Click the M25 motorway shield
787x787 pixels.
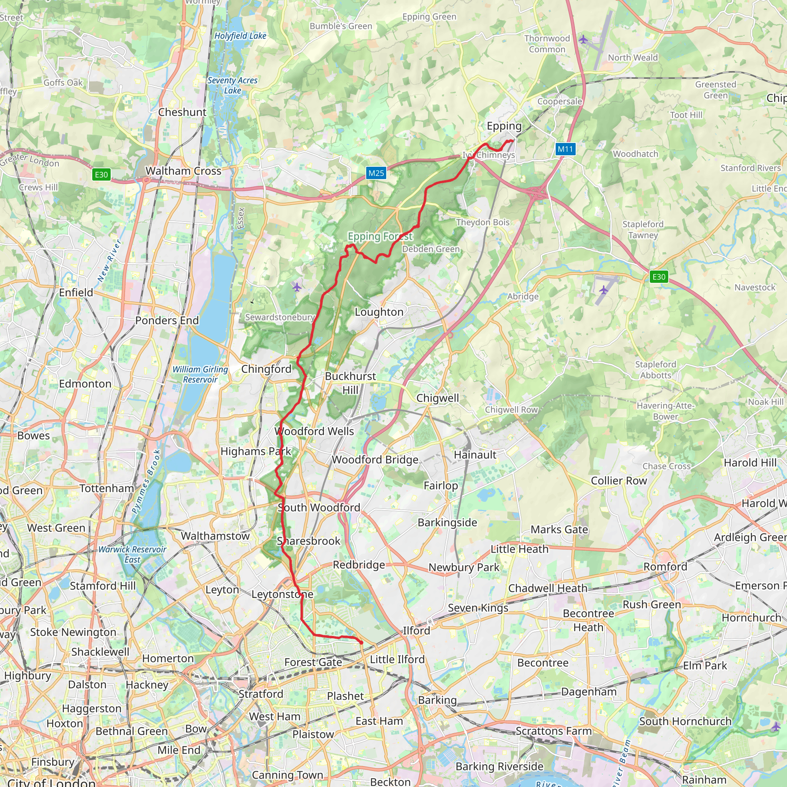[x=376, y=173]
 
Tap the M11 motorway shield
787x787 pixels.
[x=565, y=149]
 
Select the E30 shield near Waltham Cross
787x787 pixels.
[x=101, y=175]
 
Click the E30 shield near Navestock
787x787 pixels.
[x=659, y=277]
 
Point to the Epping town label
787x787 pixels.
[x=504, y=126]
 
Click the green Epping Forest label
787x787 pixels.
[x=380, y=236]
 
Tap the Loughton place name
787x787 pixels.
[x=379, y=312]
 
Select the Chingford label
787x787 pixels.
[x=266, y=369]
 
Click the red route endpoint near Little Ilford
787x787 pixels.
[x=361, y=643]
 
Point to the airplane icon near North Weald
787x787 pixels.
[x=583, y=40]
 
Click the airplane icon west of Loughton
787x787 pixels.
[x=297, y=287]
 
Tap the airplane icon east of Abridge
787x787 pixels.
[x=603, y=291]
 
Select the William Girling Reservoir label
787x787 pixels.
[x=200, y=374]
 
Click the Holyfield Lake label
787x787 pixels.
[x=240, y=36]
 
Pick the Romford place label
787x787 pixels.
[x=665, y=567]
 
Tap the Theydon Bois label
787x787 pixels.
[x=483, y=222]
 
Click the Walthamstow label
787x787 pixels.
[x=215, y=536]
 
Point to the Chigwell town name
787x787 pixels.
[x=437, y=398]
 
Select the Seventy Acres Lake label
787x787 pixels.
[x=232, y=86]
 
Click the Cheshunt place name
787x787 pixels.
[x=182, y=112]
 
